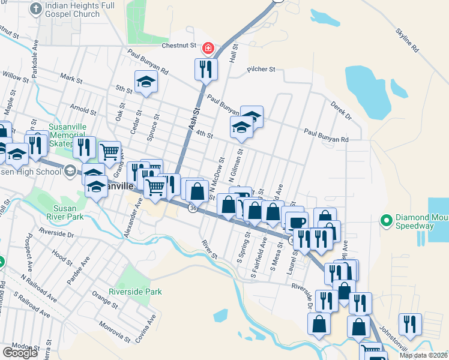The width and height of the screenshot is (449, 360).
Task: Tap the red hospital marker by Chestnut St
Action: pos(208,47)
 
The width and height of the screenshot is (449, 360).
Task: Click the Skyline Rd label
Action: pos(407,38)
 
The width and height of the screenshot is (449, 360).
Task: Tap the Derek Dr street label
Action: pos(340,110)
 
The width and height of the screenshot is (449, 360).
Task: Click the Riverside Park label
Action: pos(135,292)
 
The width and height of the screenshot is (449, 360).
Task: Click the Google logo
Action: pos(19,353)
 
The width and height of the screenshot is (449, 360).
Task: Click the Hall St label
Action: pos(234,53)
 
